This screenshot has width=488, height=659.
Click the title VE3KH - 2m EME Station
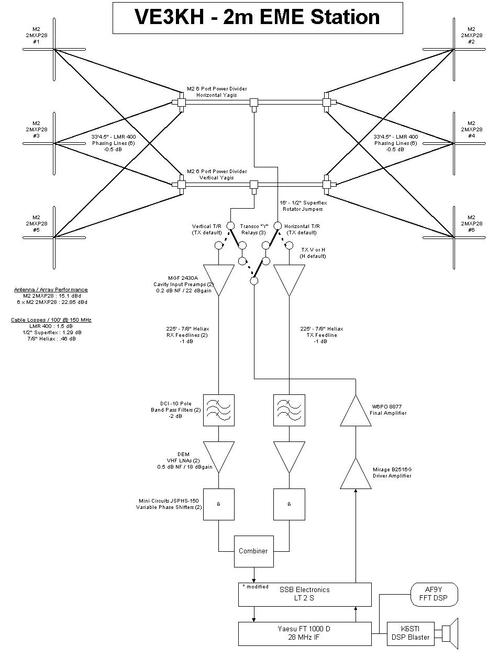pyautogui.click(x=257, y=17)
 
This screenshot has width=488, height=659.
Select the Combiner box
pyautogui.click(x=253, y=551)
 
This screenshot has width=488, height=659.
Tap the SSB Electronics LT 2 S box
pyautogui.click(x=304, y=594)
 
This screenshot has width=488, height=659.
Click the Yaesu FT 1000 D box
pyautogui.click(x=304, y=633)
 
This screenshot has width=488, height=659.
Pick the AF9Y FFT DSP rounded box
pyautogui.click(x=433, y=594)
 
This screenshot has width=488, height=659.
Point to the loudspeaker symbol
pyautogui.click(x=450, y=633)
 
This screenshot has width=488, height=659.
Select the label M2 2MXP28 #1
pyautogui.click(x=37, y=35)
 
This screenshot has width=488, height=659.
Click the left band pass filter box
pyautogui.click(x=218, y=411)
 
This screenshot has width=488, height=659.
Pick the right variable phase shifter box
pyautogui.click(x=290, y=504)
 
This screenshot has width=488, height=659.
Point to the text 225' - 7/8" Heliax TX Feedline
pyautogui.click(x=321, y=335)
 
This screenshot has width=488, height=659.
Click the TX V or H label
pyautogui.click(x=314, y=253)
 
